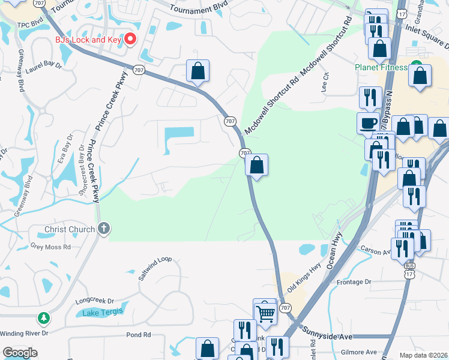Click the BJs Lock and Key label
[x=88, y=40]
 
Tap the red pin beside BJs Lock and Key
[x=130, y=40]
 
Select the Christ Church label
[x=70, y=229]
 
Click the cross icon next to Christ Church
[x=104, y=229]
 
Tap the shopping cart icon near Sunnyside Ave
[x=265, y=311]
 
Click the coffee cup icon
[x=369, y=124]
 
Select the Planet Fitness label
[x=389, y=67]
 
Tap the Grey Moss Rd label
[x=50, y=247]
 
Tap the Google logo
[x=20, y=353]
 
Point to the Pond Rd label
[x=137, y=335]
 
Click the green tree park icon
[x=43, y=318]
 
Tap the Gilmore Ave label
[x=358, y=352]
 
